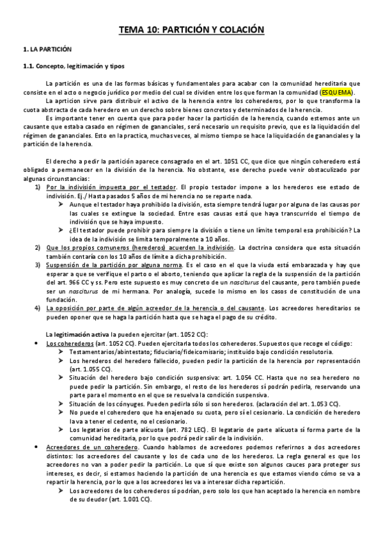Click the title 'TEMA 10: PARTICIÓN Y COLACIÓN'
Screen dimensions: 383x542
click(x=191, y=30)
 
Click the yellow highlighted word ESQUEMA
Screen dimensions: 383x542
click(x=336, y=92)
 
